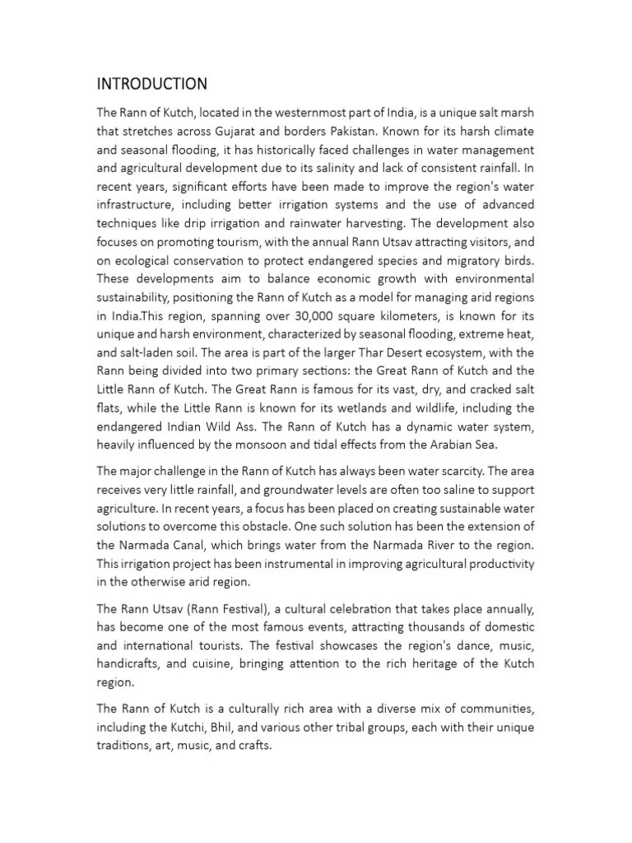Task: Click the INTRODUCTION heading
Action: (x=151, y=84)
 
